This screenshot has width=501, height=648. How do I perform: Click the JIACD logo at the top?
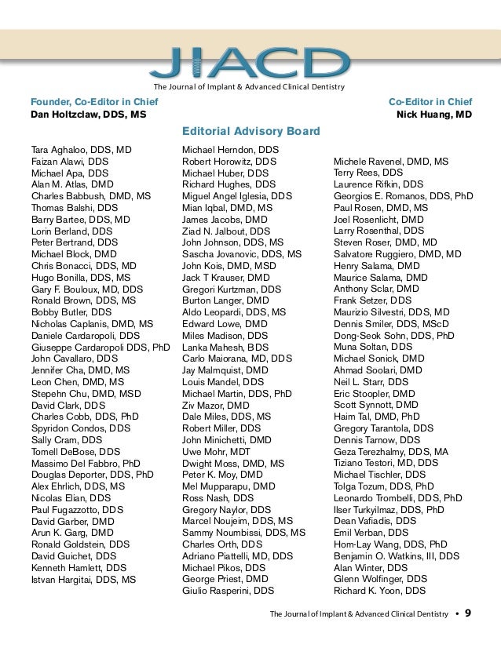pyautogui.click(x=251, y=63)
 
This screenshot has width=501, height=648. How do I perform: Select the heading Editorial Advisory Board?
pyautogui.click(x=251, y=131)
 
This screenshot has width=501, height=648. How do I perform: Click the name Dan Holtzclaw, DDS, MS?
pyautogui.click(x=88, y=115)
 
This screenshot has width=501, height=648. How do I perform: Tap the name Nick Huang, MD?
pyautogui.click(x=434, y=115)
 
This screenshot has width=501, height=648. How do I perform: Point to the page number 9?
pyautogui.click(x=468, y=613)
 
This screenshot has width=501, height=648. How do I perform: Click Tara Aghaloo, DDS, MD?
pyautogui.click(x=81, y=149)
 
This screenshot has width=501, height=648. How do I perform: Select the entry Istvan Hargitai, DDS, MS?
pyautogui.click(x=83, y=580)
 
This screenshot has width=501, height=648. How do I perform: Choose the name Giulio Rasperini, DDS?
pyautogui.click(x=228, y=591)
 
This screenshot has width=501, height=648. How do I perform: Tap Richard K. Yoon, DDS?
pyautogui.click(x=379, y=591)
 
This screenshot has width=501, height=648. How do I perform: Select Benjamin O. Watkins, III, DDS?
pyautogui.click(x=397, y=556)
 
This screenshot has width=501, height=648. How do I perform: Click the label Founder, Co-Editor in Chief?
pyautogui.click(x=93, y=102)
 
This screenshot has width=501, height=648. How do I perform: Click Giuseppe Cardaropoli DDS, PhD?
pyautogui.click(x=100, y=347)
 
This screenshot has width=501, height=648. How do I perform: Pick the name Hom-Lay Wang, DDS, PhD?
pyautogui.click(x=390, y=544)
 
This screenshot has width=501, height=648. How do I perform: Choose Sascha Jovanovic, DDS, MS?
pyautogui.click(x=242, y=254)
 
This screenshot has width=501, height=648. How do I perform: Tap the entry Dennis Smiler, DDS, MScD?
pyautogui.click(x=391, y=323)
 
